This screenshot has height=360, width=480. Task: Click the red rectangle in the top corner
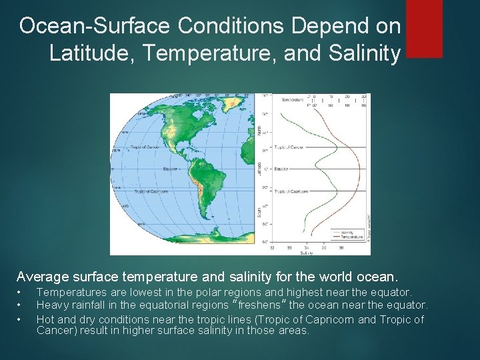(423, 28)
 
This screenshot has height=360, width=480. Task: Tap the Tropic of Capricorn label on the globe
(149, 191)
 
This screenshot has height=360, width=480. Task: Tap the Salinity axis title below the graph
(307, 253)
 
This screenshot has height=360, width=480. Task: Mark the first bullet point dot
(21, 293)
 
